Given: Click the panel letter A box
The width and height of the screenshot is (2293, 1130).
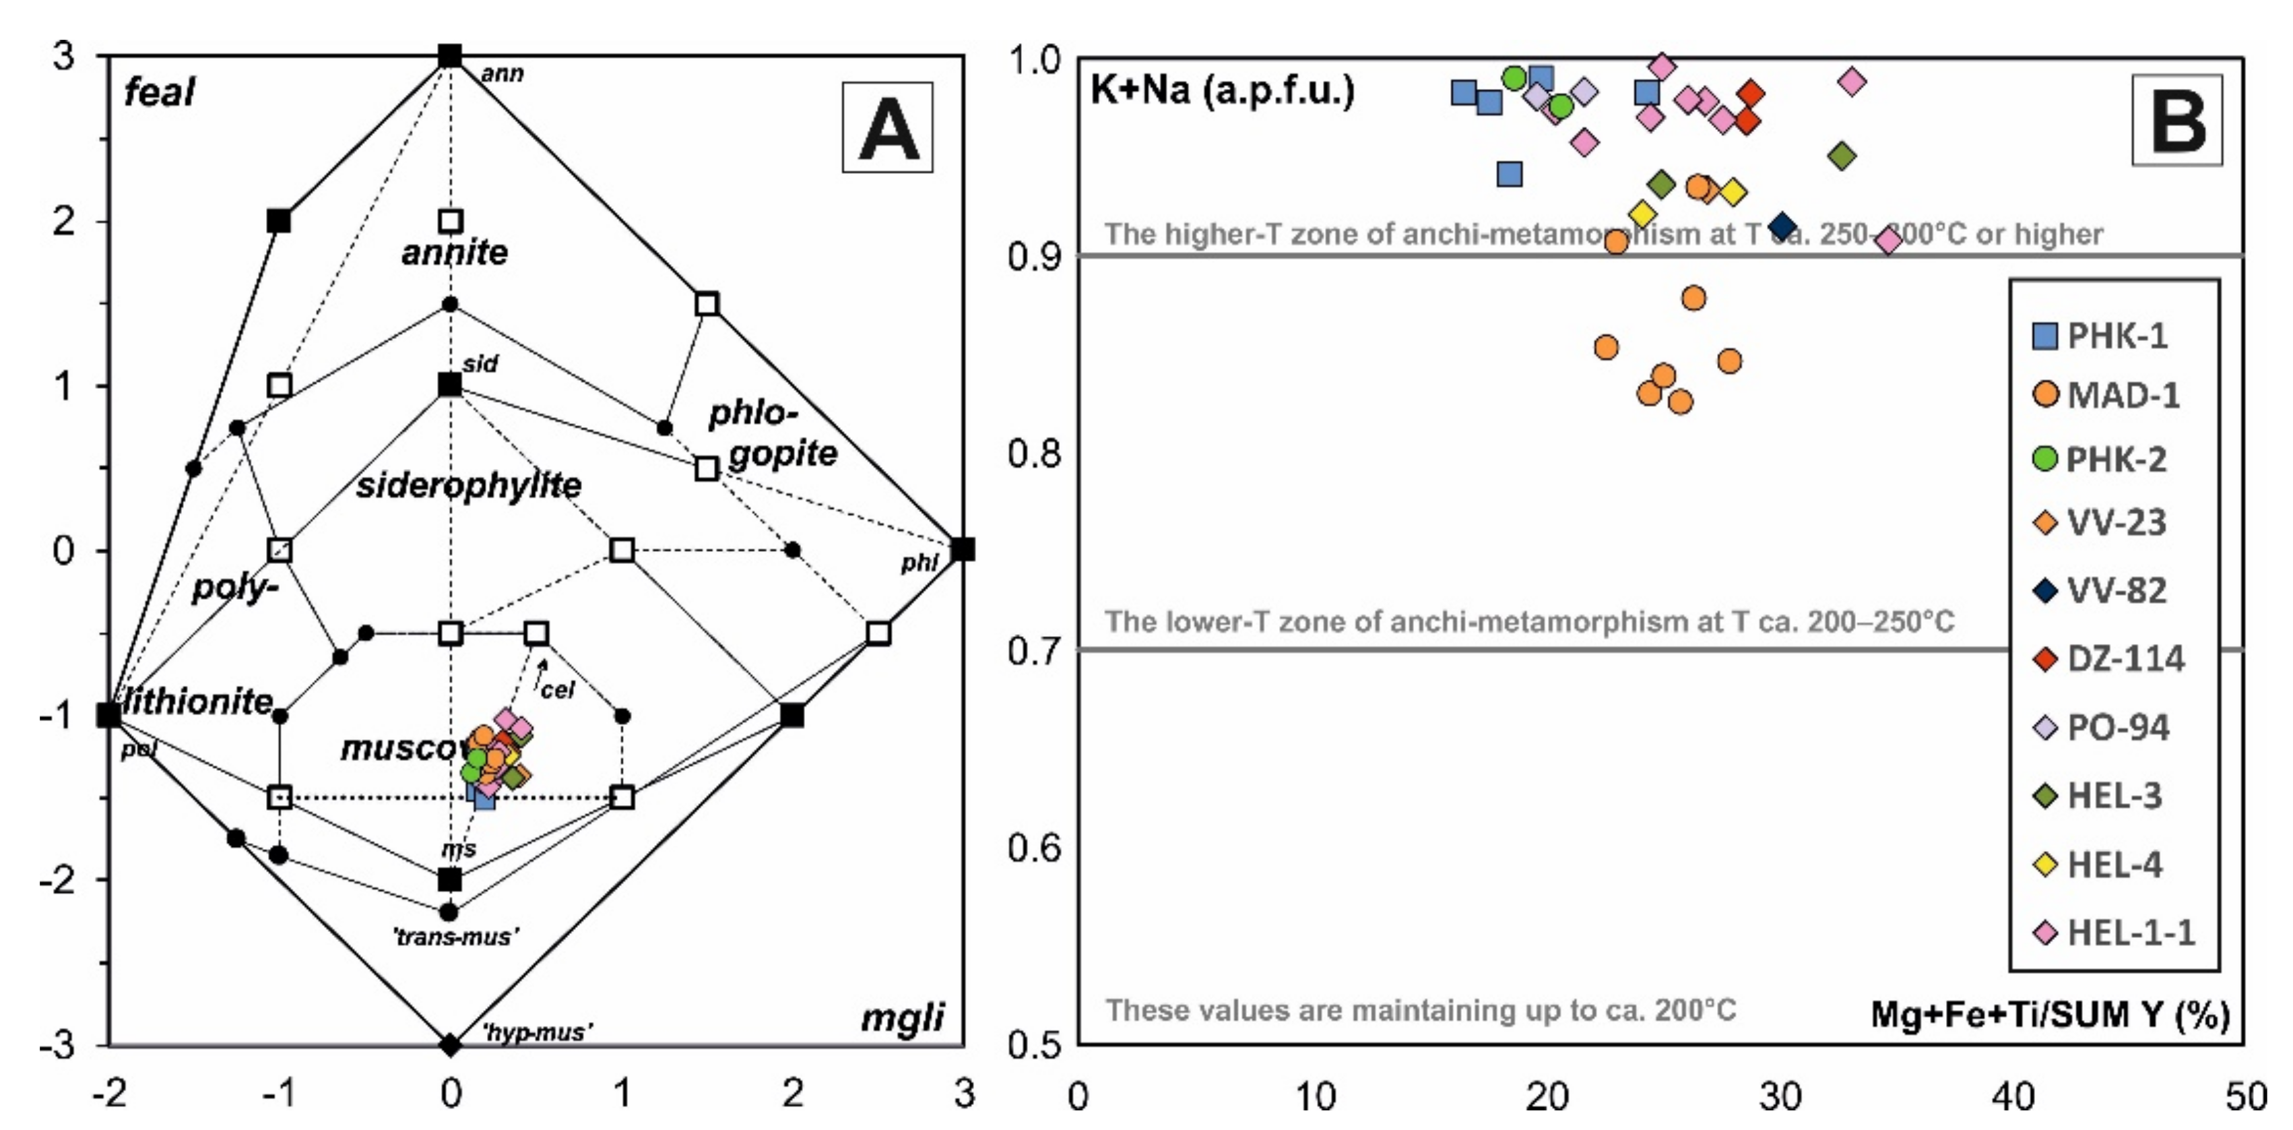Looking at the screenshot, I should point(886,127).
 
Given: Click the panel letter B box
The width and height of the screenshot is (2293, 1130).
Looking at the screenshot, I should point(2177,120).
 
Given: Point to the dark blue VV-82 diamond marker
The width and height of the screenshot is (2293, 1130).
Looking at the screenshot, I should point(1782,227).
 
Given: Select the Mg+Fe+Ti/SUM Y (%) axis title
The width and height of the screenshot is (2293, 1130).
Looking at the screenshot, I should point(2050,1014).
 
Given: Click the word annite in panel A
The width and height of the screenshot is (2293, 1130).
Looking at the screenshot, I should point(454,252).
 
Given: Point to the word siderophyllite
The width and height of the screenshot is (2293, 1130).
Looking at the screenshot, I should point(468,485).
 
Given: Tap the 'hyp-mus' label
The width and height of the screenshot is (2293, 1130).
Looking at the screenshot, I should point(537,1032).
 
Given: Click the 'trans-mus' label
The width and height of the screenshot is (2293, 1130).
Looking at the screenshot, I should point(455,937).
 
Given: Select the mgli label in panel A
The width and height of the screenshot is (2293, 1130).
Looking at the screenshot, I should point(902,1017).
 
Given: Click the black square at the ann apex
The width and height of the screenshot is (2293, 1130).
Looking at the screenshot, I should point(451,56).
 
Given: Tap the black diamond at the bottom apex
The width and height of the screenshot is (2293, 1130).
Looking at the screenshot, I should point(451,1044).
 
